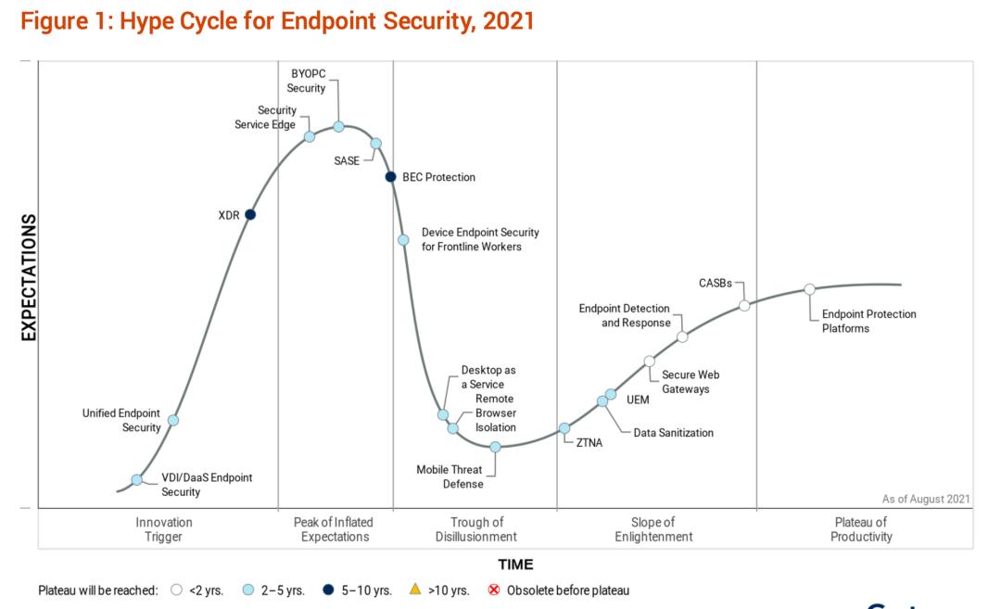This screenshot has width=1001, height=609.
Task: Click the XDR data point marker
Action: point(250,215)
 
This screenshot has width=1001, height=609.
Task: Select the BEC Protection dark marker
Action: point(390,177)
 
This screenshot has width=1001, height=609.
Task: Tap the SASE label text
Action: point(347,160)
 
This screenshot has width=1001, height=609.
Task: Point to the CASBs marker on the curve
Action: point(744,305)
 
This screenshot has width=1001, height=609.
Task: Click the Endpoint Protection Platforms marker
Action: point(809,289)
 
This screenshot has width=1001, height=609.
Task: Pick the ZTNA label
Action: point(589,442)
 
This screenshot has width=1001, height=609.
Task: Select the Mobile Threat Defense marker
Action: point(495,447)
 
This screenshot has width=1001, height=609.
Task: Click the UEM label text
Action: point(639,400)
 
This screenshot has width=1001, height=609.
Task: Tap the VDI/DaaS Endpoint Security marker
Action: point(137,479)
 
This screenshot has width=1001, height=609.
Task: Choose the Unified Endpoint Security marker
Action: point(173,420)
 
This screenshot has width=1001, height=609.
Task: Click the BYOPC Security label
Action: point(308,81)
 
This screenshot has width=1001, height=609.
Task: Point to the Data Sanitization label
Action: point(673,433)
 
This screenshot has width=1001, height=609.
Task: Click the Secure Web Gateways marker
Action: point(649,362)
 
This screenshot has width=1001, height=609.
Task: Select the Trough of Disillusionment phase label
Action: point(476,529)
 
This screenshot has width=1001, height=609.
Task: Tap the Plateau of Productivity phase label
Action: point(861,529)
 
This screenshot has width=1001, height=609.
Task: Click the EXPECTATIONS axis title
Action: point(29,278)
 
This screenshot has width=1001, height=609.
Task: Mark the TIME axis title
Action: point(515,564)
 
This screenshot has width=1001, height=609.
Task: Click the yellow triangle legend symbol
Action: point(415,590)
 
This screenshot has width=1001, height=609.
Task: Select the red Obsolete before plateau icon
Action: point(493,590)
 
